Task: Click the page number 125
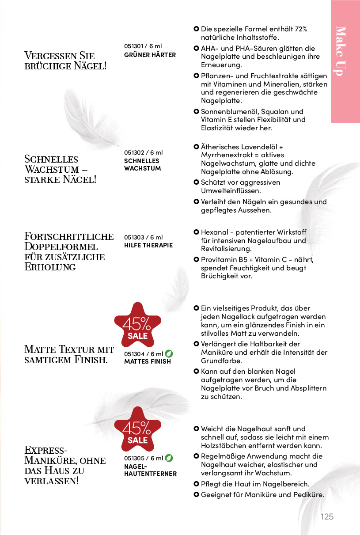(x=327, y=516)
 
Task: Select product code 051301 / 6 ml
(x=144, y=46)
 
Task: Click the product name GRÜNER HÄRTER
(x=150, y=55)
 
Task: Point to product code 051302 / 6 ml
(x=144, y=152)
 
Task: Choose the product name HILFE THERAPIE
(x=148, y=245)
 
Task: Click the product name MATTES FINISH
(x=147, y=361)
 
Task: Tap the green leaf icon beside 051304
(x=169, y=353)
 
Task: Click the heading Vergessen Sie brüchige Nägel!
(x=65, y=61)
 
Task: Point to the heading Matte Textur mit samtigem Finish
(x=69, y=354)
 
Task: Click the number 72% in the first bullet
(x=301, y=29)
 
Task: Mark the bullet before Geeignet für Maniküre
(x=196, y=494)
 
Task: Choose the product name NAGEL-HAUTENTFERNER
(x=150, y=470)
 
